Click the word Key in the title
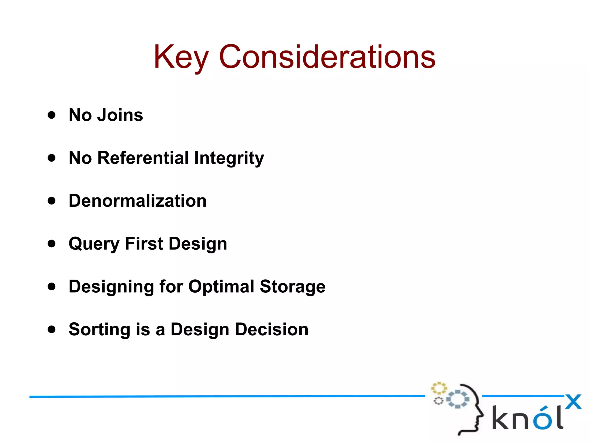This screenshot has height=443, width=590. pos(181,57)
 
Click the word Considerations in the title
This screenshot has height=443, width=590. pos(327,57)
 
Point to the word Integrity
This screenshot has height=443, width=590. pos(229,158)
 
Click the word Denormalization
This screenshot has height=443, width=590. pos(138,201)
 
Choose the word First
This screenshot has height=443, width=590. pos(144,244)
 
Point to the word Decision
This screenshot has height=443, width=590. pos(272,329)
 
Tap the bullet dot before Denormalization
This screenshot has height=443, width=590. pos(52,201)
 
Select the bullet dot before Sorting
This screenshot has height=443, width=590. pos(52,329)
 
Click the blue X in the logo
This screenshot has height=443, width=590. pos(573,402)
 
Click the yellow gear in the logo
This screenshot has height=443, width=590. pos(438,388)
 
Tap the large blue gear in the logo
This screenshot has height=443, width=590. pos(457,399)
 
